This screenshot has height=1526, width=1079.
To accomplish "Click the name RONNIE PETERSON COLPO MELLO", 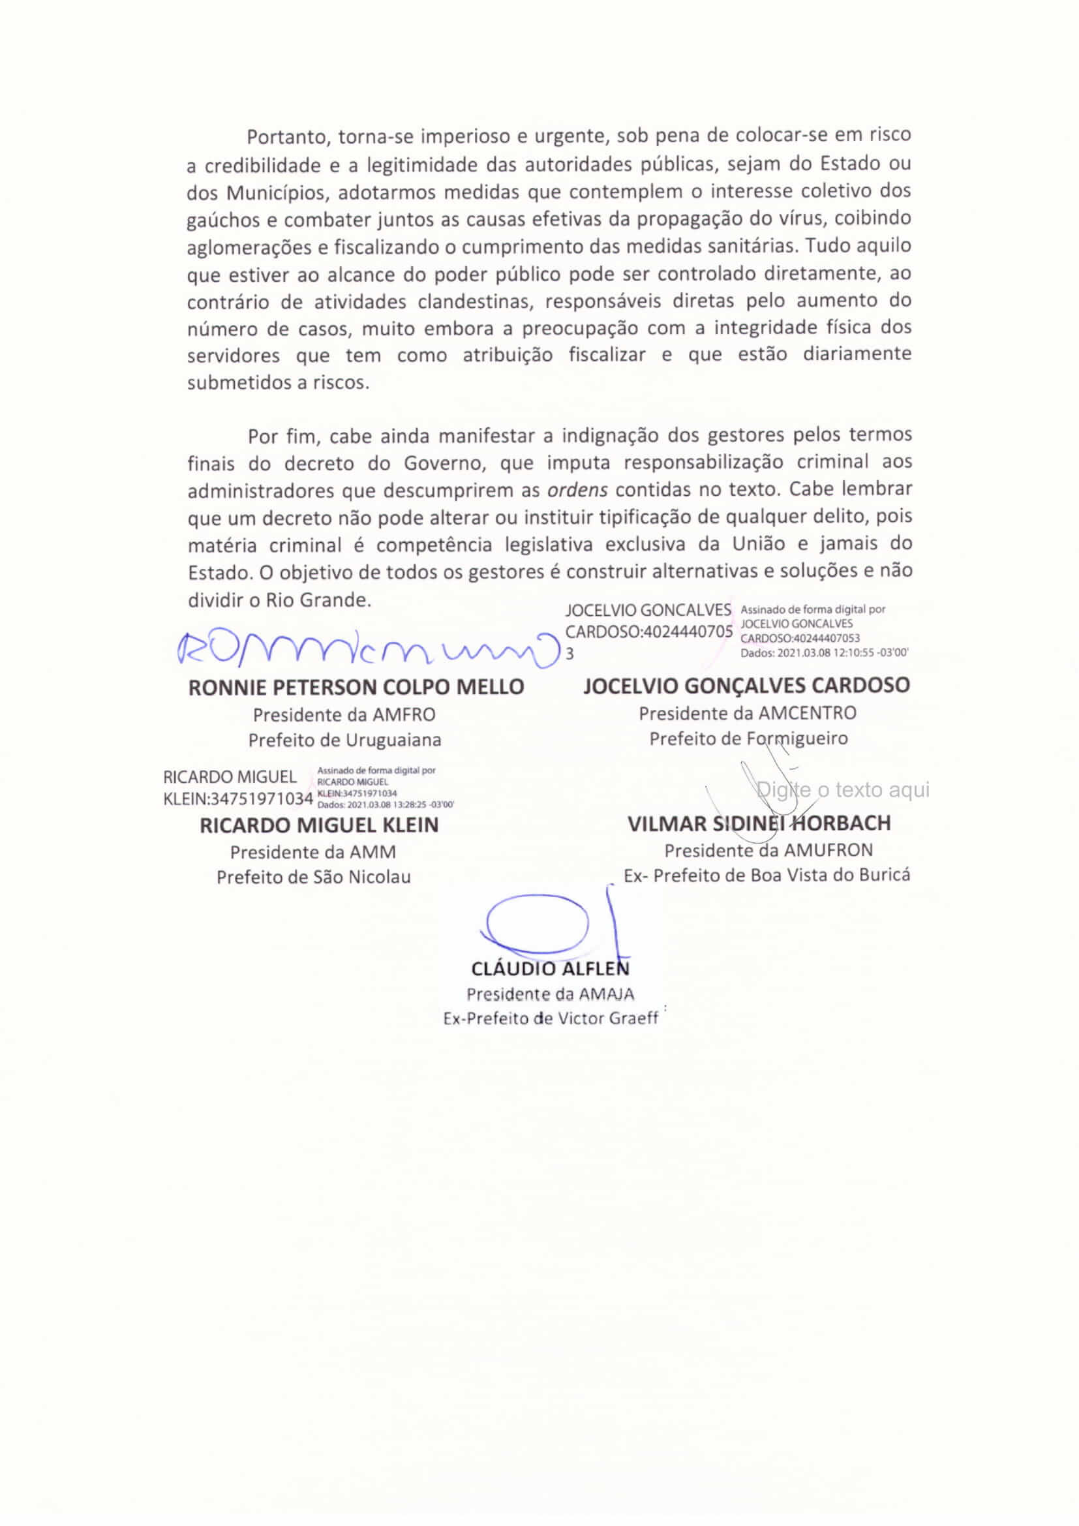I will click(356, 686).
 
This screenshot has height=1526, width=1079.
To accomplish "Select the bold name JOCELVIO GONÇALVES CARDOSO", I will click(746, 685).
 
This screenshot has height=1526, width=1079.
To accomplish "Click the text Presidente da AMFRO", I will click(344, 715).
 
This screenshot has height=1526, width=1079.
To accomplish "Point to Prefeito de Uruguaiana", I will click(344, 740).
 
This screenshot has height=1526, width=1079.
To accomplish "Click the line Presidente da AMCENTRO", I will click(748, 713).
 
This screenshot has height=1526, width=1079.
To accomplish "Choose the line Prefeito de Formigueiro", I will click(748, 739).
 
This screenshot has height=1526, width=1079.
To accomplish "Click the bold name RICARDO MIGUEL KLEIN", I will click(319, 825).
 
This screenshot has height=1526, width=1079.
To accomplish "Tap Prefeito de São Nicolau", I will click(314, 877).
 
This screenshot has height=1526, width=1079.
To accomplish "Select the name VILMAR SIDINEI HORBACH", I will click(759, 823).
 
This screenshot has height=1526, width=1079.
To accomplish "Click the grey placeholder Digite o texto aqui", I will click(843, 789).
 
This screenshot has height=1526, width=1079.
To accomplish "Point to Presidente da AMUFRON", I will click(768, 850).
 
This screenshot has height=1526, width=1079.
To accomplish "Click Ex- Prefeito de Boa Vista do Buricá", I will click(767, 876).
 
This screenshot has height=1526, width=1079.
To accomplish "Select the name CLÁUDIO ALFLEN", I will click(550, 969).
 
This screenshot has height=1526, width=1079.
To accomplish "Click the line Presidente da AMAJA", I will click(550, 994).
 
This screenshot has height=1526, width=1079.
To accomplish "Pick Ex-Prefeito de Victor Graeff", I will click(551, 1018).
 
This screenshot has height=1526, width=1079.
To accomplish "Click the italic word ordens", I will click(577, 491).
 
